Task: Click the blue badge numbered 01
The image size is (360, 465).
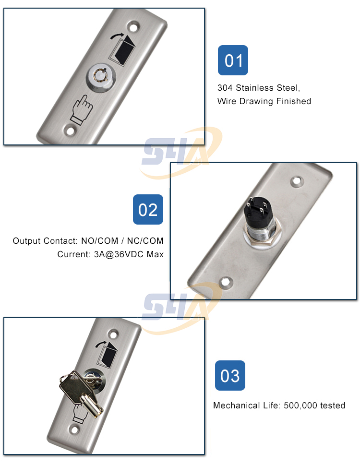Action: (x=233, y=60)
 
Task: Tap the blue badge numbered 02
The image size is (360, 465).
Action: (x=148, y=209)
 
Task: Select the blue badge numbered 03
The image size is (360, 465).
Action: (x=229, y=375)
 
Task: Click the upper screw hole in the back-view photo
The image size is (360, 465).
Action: (x=298, y=182)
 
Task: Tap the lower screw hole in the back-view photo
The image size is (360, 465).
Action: (x=224, y=283)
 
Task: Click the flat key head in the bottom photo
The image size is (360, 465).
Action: (x=72, y=383)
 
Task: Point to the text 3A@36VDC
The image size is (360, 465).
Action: (x=109, y=254)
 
